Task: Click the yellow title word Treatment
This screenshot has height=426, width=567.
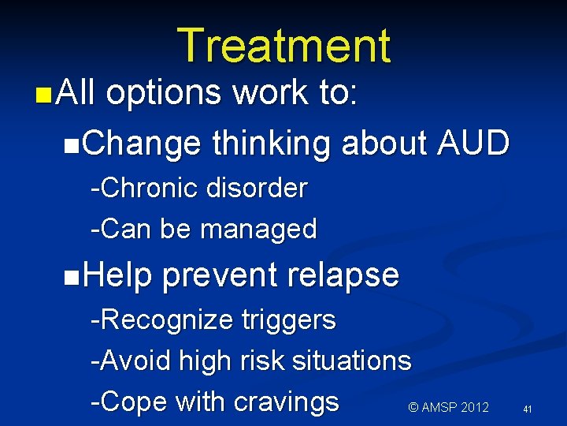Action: coord(283,45)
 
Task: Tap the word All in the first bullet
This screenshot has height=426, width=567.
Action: coord(76,93)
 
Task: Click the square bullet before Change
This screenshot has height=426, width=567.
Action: coord(72,145)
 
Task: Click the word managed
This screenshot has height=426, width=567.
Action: coord(259,230)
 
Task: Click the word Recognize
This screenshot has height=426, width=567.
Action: coord(162,321)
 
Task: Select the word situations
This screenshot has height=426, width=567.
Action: coord(351,361)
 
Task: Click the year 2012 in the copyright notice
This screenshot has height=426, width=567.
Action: coord(472,408)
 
